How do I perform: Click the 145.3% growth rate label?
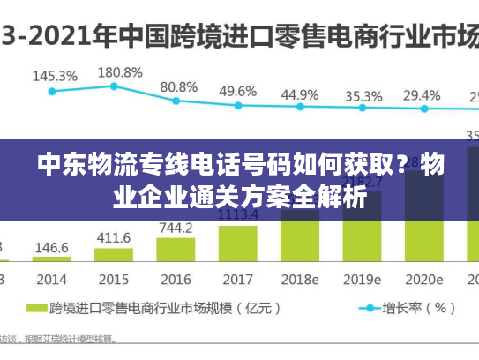(54, 76)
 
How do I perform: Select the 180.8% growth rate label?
(119, 71)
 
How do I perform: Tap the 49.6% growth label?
(237, 91)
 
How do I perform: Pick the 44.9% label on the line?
(300, 94)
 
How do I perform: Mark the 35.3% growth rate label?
(363, 95)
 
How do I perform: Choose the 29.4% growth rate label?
(422, 95)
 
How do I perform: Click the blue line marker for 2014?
(52, 91)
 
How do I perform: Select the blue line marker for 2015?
(114, 86)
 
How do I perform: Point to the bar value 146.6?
(51, 248)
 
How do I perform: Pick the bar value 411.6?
(113, 237)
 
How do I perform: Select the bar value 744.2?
(176, 227)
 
